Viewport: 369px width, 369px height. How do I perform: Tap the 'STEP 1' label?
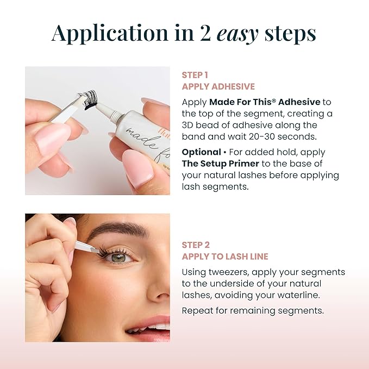pos(195,75)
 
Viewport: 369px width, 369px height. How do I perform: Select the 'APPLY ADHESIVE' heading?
pos(218,86)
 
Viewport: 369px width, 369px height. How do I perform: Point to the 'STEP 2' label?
pos(196,245)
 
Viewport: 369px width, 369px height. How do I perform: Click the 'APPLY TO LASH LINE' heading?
pos(225,257)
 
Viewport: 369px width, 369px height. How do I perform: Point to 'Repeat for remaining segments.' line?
pos(253,311)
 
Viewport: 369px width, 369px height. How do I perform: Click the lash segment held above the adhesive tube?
pos(88,101)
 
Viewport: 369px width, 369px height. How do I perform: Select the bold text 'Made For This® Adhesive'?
pos(264,102)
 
